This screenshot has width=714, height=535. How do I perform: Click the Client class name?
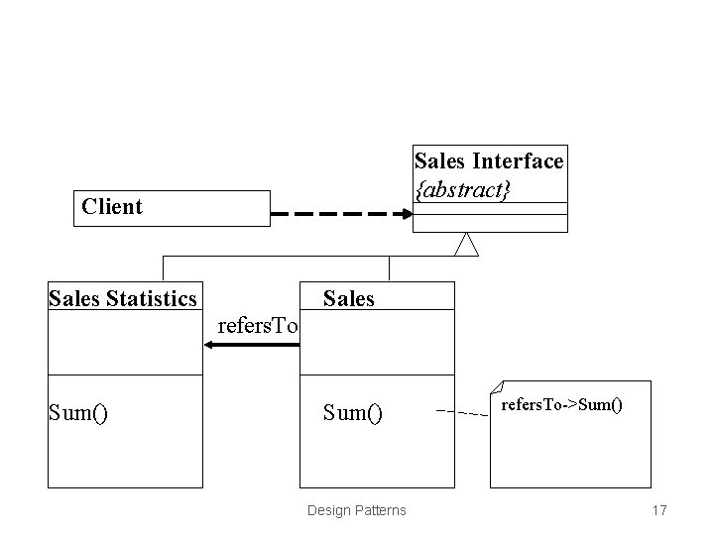click(112, 207)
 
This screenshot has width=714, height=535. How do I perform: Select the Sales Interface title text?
click(489, 160)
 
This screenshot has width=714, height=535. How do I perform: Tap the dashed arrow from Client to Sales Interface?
click(341, 213)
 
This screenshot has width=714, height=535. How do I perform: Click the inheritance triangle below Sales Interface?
click(466, 244)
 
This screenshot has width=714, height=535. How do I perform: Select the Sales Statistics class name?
click(123, 297)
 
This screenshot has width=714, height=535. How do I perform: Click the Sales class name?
click(349, 298)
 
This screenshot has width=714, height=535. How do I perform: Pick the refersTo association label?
click(258, 326)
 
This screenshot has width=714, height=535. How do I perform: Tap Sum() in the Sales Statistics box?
click(78, 412)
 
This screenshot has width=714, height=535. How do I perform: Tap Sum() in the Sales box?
click(353, 412)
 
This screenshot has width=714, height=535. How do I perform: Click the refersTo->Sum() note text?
click(561, 404)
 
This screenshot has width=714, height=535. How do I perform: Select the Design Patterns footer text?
click(356, 510)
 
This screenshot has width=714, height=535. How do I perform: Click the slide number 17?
click(659, 510)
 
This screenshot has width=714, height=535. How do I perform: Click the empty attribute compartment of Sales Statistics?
click(124, 343)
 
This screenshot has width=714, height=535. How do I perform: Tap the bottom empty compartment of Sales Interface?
click(490, 224)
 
